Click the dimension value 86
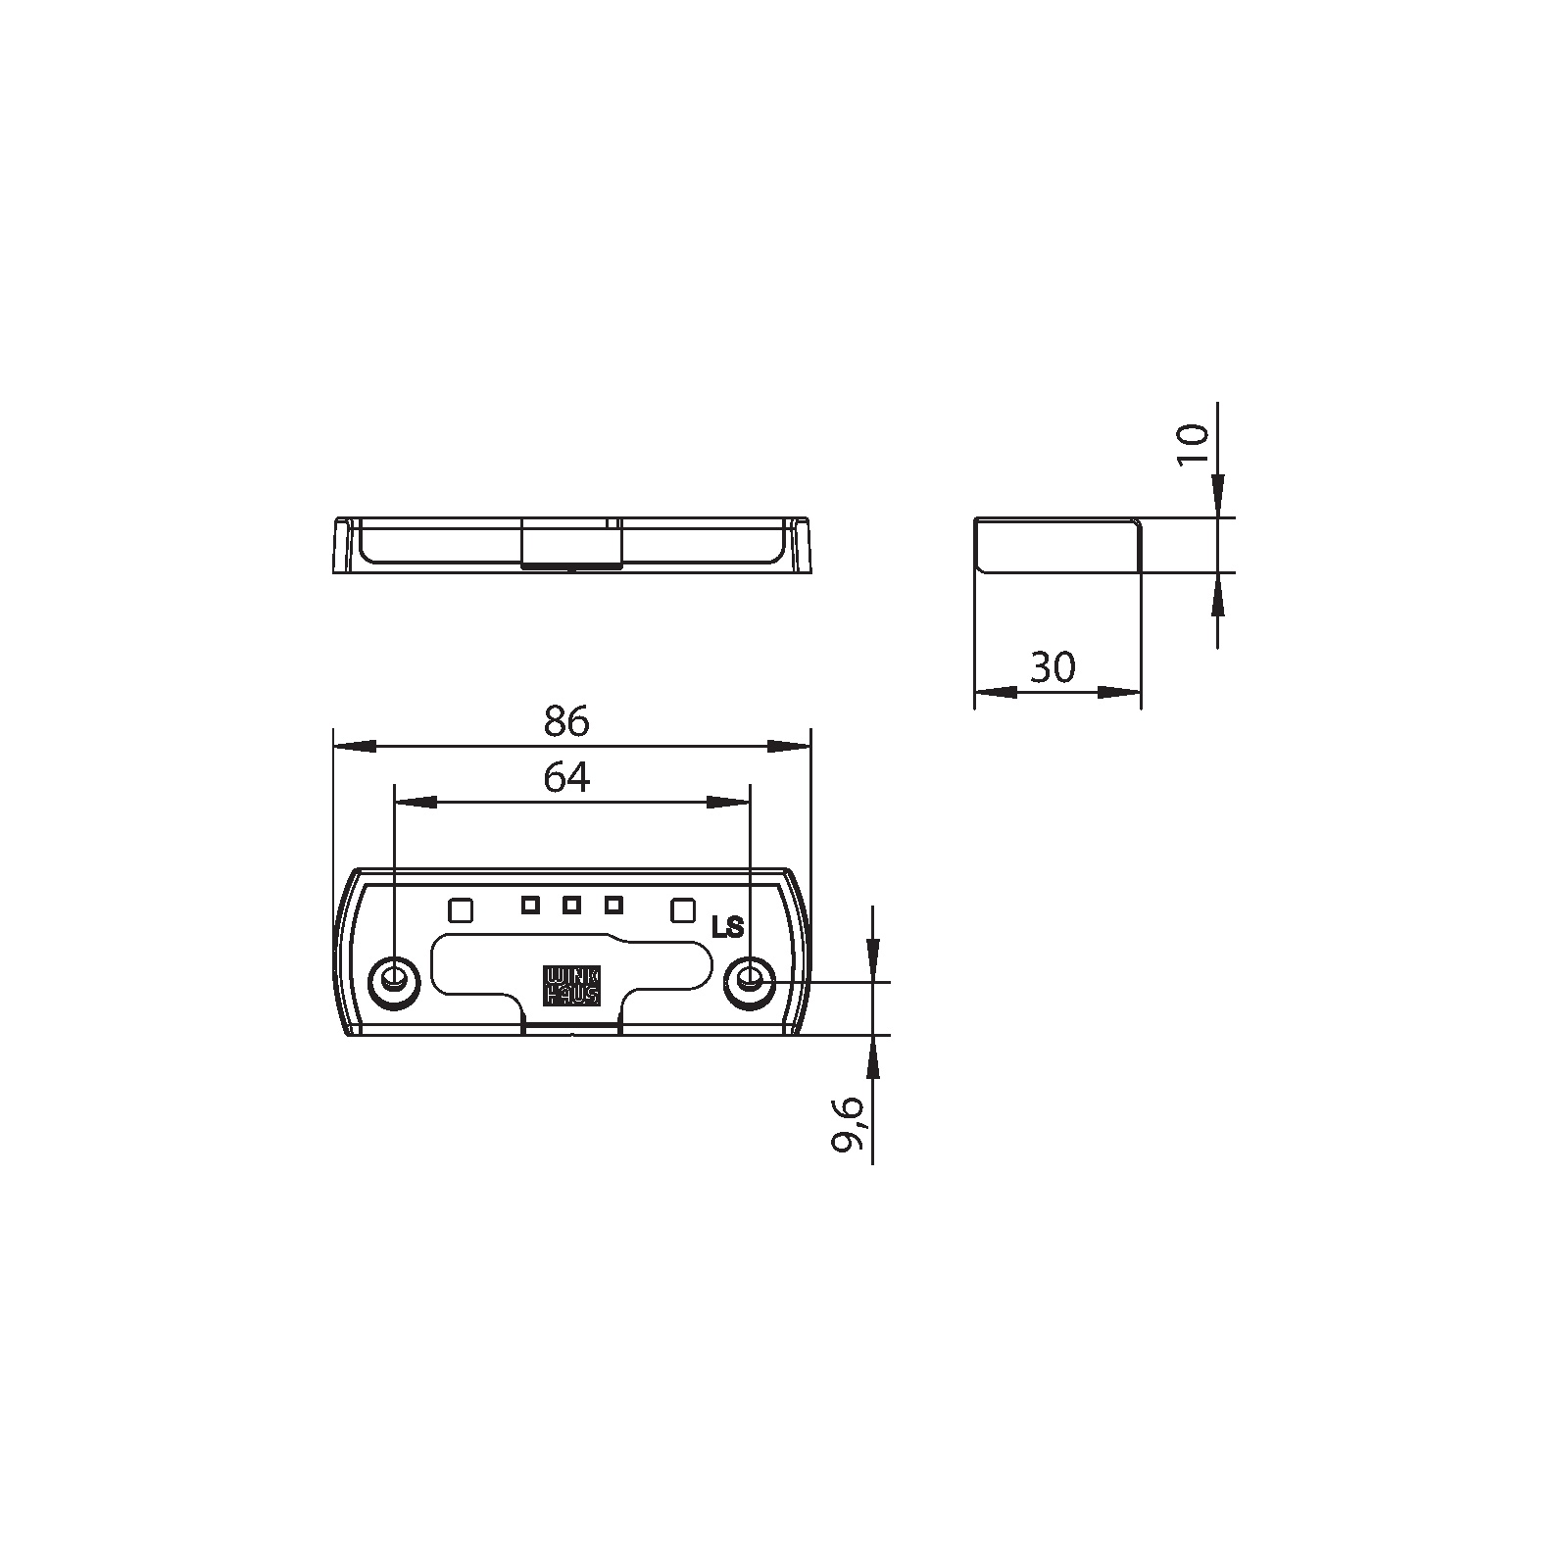tap(566, 721)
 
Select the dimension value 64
tap(566, 777)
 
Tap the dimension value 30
tap(1053, 667)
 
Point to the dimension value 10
tap(1194, 447)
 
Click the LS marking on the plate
tap(728, 927)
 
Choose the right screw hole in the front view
tap(751, 979)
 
